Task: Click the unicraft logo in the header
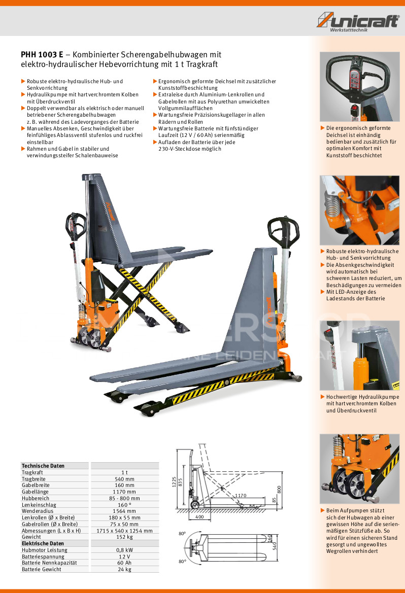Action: coord(358,21)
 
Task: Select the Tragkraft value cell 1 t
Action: coord(124,472)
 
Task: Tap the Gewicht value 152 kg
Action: coord(124,537)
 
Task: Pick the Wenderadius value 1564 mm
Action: coord(124,511)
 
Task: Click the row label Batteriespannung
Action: coord(43,556)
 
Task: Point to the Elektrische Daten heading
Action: coord(43,543)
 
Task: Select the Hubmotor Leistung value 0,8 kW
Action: coord(124,550)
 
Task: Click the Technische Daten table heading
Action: coord(43,466)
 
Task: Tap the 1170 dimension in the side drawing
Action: coord(241,496)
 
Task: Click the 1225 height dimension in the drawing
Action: coord(175,481)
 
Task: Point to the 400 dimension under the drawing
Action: coord(199,516)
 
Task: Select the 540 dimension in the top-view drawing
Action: coord(275,546)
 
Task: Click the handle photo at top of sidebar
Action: coord(360,87)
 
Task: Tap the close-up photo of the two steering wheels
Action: coord(360,469)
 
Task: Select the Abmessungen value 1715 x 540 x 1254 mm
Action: coord(124,531)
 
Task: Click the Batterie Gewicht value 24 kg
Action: coord(124,569)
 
